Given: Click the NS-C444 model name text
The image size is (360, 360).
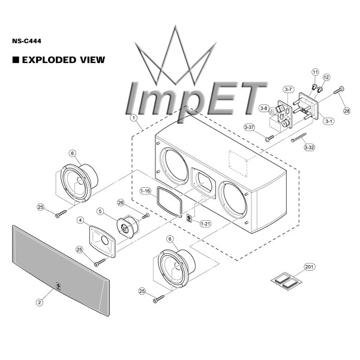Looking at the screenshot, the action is (26, 41).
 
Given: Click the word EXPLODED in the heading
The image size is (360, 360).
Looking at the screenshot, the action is (49, 60).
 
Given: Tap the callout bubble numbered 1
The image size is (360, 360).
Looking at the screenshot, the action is (133, 118).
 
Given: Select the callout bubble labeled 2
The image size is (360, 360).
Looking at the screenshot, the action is (40, 302).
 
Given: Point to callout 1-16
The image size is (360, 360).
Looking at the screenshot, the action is (145, 191).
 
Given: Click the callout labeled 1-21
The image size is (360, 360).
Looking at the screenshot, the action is (205, 223).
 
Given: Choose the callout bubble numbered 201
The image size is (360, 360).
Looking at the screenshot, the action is (309, 267).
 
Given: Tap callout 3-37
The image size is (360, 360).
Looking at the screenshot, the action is (250, 127).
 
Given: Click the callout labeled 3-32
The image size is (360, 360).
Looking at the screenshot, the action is (309, 147).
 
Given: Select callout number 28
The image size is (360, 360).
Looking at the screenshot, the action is (347, 111).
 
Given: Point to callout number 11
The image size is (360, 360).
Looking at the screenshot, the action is (316, 72).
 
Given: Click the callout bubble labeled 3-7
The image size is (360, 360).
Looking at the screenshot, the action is (288, 89).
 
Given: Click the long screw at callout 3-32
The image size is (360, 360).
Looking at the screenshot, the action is (299, 137).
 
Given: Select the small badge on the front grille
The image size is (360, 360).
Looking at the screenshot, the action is (58, 286).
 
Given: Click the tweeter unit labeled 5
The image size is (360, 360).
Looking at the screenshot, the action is (127, 227).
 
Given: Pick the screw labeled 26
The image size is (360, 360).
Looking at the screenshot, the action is (146, 215).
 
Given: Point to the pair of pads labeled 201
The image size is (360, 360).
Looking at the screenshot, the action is (287, 281).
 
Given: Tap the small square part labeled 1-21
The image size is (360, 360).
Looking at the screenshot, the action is (190, 218).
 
